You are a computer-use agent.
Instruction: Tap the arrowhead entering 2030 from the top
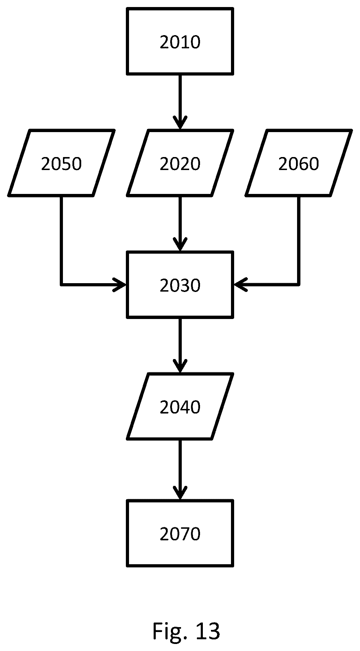180,246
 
